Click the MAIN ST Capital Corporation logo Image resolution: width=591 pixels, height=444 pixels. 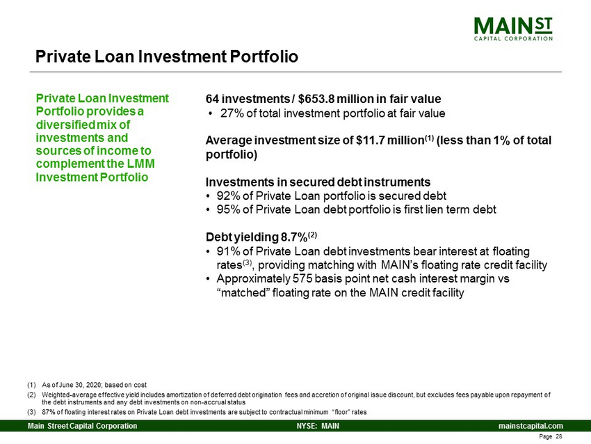tap(513, 29)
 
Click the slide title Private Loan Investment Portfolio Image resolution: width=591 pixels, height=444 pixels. tap(167, 56)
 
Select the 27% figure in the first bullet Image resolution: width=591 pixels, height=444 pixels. tap(232, 113)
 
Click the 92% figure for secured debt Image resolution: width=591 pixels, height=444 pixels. tap(228, 196)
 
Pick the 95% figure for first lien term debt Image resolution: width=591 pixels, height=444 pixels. tap(228, 209)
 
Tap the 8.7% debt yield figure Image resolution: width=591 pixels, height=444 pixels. tap(293, 237)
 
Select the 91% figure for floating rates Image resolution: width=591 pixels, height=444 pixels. tap(228, 252)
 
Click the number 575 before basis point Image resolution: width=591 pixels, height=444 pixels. tap(302, 279)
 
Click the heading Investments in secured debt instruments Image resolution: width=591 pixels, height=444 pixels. tap(318, 182)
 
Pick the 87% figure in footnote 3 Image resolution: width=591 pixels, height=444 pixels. tap(47, 412)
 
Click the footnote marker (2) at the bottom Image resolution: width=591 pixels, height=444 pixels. tap(31, 395)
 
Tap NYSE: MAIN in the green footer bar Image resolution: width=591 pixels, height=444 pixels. tap(318, 426)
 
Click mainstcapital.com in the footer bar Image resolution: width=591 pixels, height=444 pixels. tap(531, 426)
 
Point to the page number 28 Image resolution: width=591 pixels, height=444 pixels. tap(558, 436)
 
